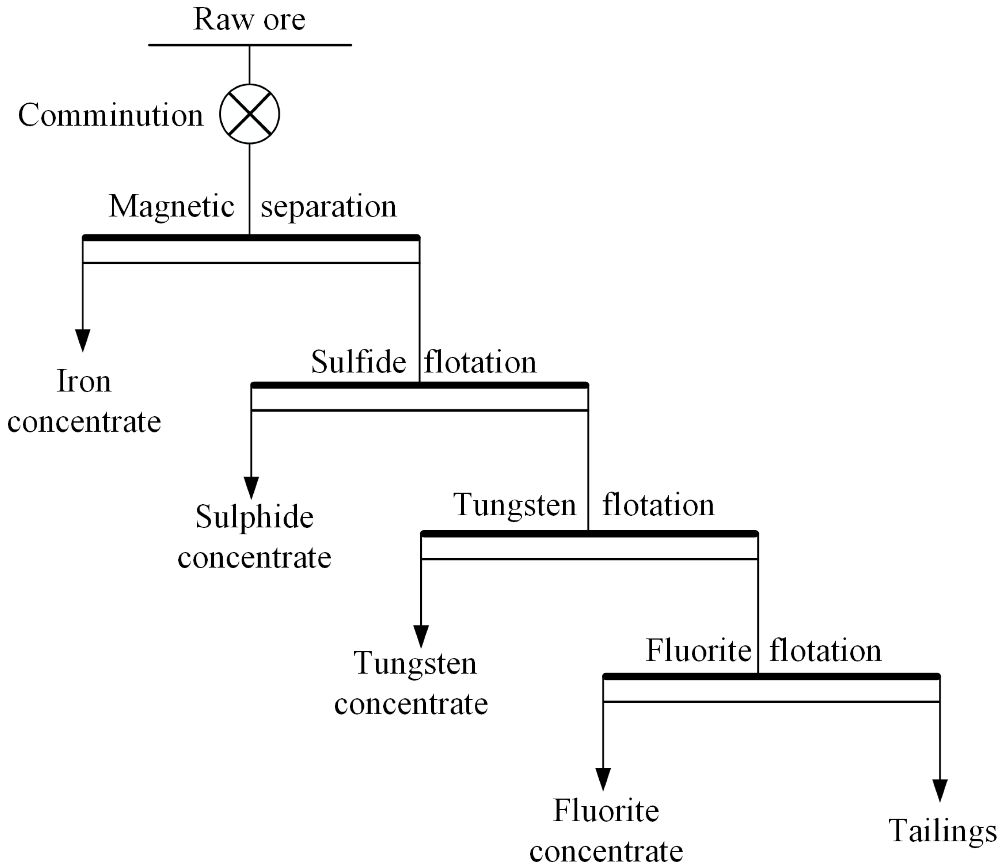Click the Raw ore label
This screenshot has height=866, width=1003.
tap(249, 20)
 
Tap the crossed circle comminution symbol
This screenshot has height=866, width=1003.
tap(249, 114)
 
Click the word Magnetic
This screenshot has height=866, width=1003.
tap(171, 206)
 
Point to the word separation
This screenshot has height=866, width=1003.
tap(329, 207)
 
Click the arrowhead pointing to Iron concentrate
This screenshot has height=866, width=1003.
tap(83, 340)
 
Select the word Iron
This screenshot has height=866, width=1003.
tap(84, 381)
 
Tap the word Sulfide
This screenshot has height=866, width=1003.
tap(358, 362)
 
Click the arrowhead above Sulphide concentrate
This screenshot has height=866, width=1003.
tap(251, 487)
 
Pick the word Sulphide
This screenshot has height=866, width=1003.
tap(254, 517)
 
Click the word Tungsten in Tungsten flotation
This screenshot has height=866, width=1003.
tap(514, 505)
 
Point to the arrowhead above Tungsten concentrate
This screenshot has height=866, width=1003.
tap(421, 635)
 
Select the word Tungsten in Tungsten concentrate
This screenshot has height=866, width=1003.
tap(415, 663)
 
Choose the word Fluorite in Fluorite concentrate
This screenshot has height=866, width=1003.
tap(606, 810)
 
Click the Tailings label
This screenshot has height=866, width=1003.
tap(942, 831)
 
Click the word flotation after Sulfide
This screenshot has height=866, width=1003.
tap(480, 362)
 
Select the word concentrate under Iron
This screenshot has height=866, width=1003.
tap(84, 422)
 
